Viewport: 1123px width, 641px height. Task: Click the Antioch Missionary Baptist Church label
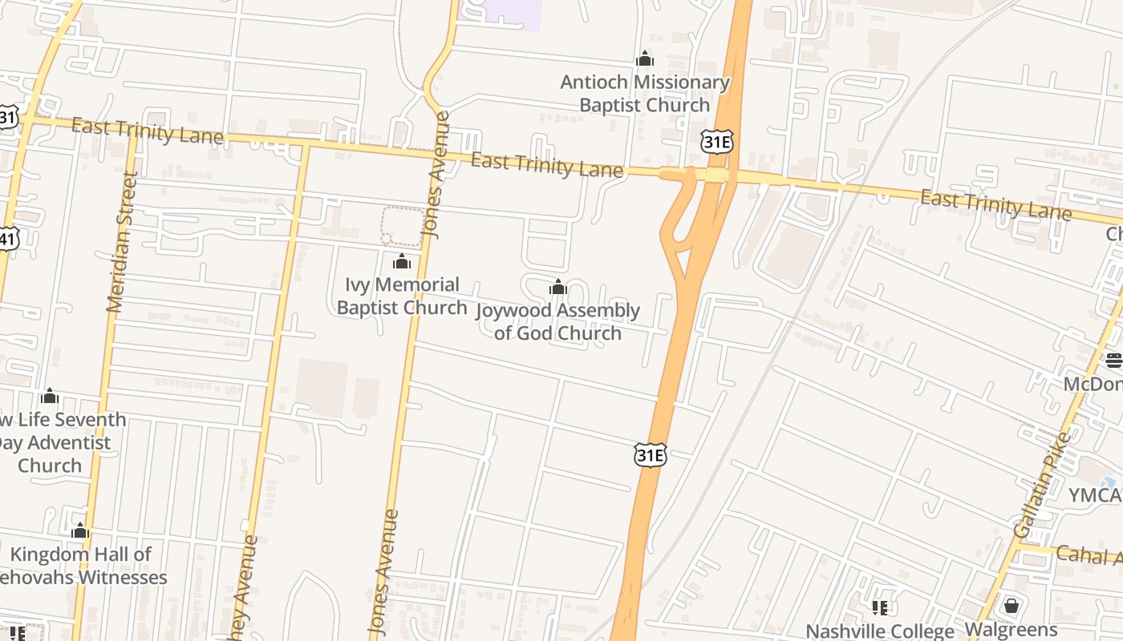click(x=645, y=94)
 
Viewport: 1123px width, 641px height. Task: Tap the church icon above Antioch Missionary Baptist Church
click(x=645, y=59)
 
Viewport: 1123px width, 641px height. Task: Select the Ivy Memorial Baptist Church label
click(x=402, y=296)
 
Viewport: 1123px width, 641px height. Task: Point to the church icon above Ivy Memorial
click(x=402, y=261)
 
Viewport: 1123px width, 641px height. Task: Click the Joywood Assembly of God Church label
click(x=558, y=321)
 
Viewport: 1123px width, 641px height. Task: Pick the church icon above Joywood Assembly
click(x=558, y=288)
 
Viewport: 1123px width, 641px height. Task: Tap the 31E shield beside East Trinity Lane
click(x=716, y=143)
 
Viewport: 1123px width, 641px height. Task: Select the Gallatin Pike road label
click(x=1043, y=485)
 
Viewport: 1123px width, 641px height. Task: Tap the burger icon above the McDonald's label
click(x=1114, y=360)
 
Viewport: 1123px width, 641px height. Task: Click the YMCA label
click(x=1095, y=495)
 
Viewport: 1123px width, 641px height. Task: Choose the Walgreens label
click(x=1011, y=630)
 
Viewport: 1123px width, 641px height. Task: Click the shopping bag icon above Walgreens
click(x=1012, y=605)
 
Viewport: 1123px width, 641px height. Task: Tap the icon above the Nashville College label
click(x=880, y=608)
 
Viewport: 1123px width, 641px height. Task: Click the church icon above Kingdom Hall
click(x=79, y=530)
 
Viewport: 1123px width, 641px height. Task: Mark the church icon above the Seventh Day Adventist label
click(x=50, y=396)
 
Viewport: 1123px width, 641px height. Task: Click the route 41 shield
click(x=8, y=238)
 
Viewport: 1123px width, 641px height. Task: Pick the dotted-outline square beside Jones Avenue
click(x=402, y=227)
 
